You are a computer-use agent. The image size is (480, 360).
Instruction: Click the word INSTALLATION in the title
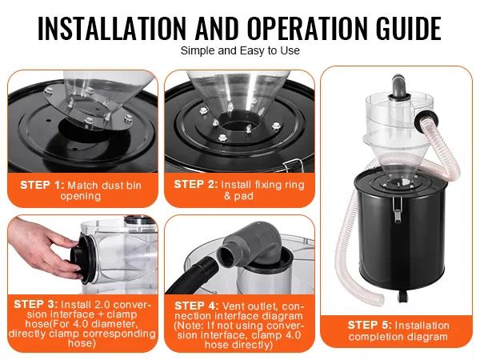pyautogui.click(x=112, y=28)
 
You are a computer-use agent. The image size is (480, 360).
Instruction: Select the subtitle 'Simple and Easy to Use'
pyautogui.click(x=240, y=50)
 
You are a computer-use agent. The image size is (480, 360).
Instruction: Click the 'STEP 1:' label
pyautogui.click(x=42, y=185)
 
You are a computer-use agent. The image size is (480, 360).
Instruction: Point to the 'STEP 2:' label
pyautogui.click(x=196, y=184)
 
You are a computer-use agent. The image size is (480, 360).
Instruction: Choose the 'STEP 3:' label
pyautogui.click(x=36, y=304)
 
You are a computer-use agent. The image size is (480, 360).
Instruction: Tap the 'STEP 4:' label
pyautogui.click(x=197, y=306)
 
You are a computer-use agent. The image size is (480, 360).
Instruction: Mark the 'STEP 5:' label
pyautogui.click(x=370, y=325)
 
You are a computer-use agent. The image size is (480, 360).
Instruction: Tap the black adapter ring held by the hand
pyautogui.click(x=83, y=258)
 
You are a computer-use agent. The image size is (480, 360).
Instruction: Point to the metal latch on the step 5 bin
pyautogui.click(x=397, y=209)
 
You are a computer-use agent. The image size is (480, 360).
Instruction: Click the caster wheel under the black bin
pyautogui.click(x=402, y=298)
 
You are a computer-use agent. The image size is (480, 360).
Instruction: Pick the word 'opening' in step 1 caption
pyautogui.click(x=81, y=196)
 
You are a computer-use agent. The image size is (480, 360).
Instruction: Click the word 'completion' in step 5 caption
pyautogui.click(x=372, y=337)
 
